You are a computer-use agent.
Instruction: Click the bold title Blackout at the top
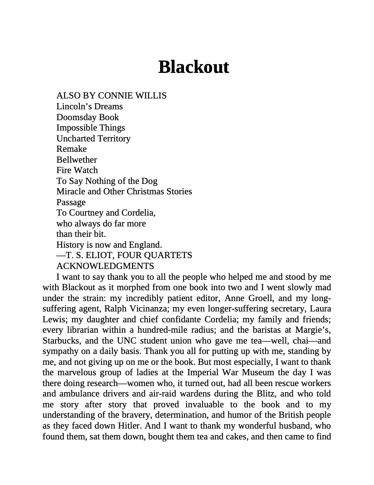[194, 67]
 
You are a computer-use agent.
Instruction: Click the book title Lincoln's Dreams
[89, 106]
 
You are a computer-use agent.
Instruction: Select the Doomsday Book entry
[87, 117]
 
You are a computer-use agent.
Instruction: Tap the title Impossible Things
[90, 128]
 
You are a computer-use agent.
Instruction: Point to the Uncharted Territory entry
[93, 138]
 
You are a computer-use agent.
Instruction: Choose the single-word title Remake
[71, 149]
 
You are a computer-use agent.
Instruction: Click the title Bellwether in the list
[76, 160]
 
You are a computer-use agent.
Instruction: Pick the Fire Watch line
[77, 170]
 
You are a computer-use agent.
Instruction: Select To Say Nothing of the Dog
[107, 181]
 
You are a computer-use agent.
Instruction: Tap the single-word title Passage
[71, 202]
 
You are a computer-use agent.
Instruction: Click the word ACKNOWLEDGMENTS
[105, 266]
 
